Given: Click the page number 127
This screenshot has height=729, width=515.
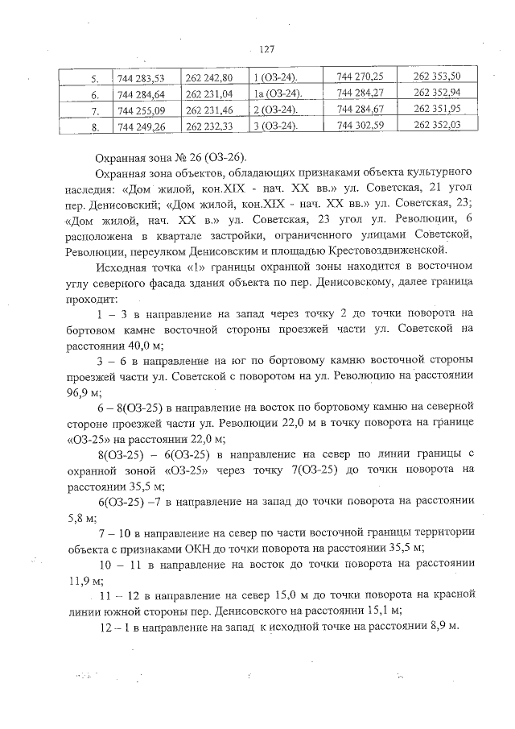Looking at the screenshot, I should click(x=266, y=49).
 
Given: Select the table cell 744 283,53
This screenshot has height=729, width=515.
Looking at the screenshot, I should click(x=141, y=78).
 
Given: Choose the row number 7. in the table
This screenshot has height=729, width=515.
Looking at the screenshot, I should click(x=94, y=110).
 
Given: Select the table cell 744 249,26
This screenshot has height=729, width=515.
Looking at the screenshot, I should click(x=141, y=126).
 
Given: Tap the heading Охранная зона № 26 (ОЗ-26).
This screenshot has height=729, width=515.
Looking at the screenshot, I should click(x=171, y=156).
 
